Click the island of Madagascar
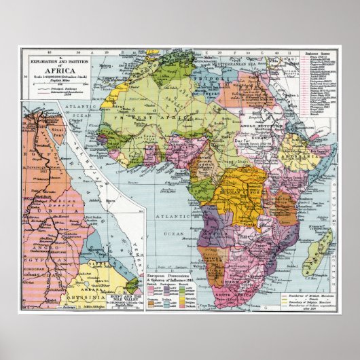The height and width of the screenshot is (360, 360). (318, 249)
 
